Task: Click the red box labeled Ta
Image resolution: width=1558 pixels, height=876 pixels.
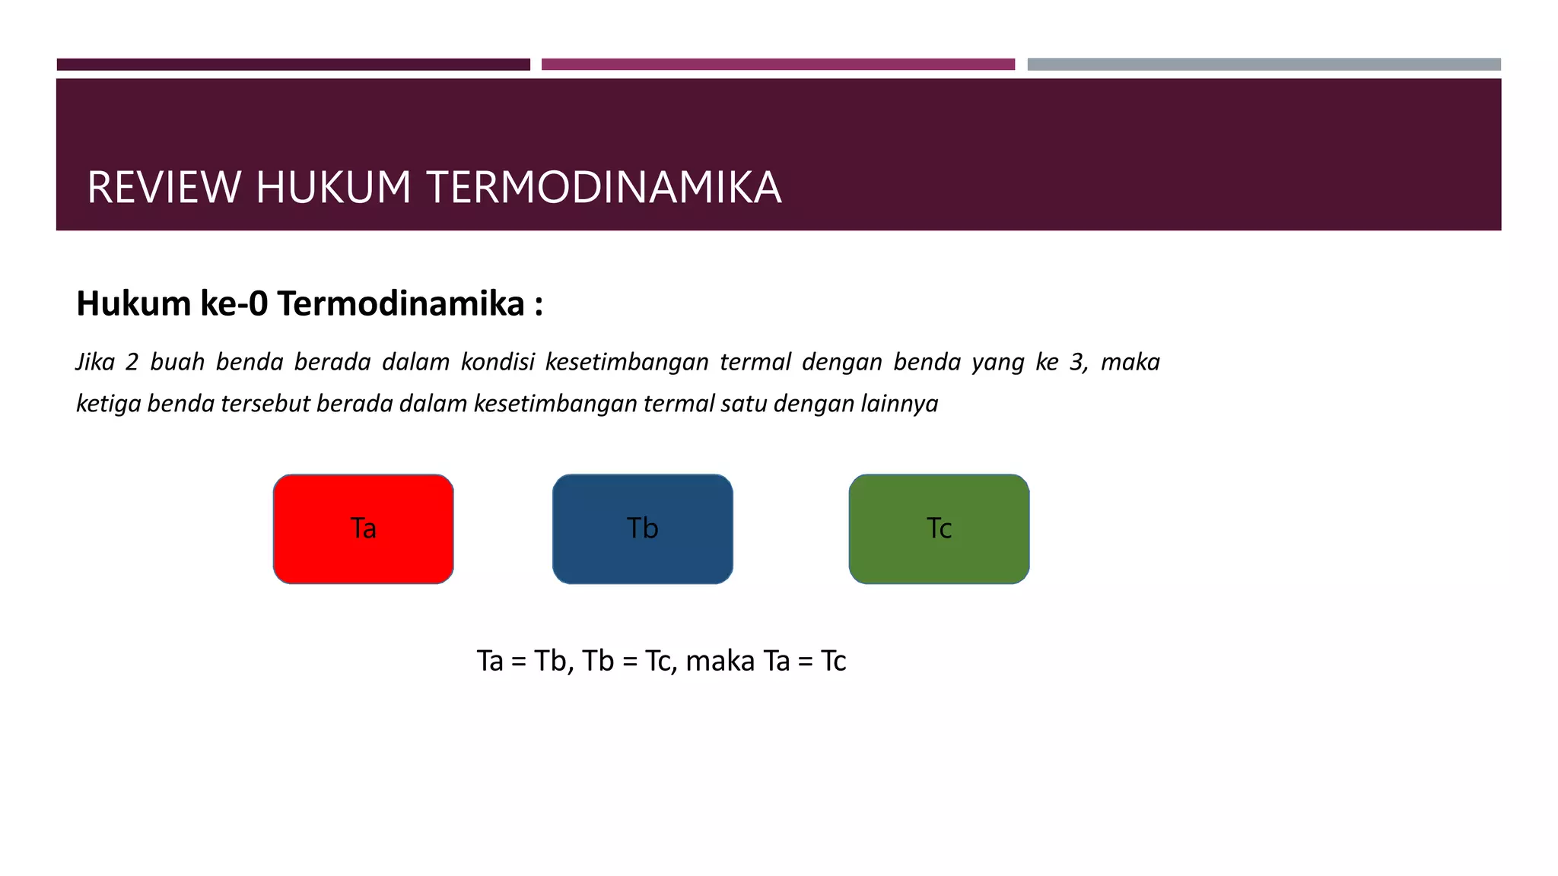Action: [364, 529]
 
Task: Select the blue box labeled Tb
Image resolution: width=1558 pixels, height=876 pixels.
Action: [643, 529]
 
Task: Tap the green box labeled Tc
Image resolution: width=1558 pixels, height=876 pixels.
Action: [939, 529]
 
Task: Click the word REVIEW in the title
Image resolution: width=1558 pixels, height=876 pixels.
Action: [164, 188]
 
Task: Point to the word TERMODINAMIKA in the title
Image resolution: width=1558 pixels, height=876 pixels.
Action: [603, 188]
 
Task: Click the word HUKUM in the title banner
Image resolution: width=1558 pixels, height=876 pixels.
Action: [333, 188]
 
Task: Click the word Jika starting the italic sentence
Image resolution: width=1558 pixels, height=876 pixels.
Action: [95, 362]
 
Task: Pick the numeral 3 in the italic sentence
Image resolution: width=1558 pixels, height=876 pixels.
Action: [1077, 362]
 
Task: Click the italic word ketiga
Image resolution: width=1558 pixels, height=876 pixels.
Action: [108, 404]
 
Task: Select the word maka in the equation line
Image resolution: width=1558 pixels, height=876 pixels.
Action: [720, 661]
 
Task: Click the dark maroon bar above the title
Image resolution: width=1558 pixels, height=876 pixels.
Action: [293, 65]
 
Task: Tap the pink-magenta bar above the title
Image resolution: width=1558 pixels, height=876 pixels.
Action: [777, 65]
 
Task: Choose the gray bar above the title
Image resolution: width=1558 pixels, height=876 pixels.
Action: [1264, 65]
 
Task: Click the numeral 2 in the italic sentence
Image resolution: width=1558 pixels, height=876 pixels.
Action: [132, 362]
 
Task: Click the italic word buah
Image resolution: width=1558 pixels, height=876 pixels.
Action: [177, 362]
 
